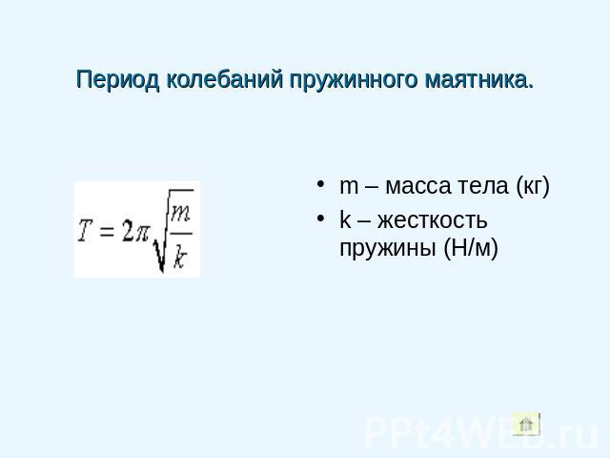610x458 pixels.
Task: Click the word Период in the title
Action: pyautogui.click(x=118, y=80)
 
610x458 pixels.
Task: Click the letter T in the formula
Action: pyautogui.click(x=86, y=231)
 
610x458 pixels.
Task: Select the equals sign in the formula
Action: pyautogui.click(x=107, y=232)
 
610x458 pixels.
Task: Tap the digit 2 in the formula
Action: pyautogui.click(x=127, y=231)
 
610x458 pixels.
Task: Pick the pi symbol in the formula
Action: pyautogui.click(x=142, y=234)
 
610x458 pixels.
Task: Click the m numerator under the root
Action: pyautogui.click(x=181, y=215)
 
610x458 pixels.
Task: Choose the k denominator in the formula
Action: pyautogui.click(x=180, y=256)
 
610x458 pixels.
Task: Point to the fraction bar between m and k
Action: pyautogui.click(x=181, y=234)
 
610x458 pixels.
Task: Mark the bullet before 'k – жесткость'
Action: pyautogui.click(x=320, y=219)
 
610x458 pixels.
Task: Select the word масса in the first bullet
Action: pyautogui.click(x=417, y=187)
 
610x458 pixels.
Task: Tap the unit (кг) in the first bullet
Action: pyautogui.click(x=533, y=186)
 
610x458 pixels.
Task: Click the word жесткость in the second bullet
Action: pyautogui.click(x=432, y=220)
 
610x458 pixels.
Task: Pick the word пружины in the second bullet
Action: pyautogui.click(x=388, y=249)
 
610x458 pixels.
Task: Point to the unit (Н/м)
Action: pyautogui.click(x=471, y=248)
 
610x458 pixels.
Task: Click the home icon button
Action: pyautogui.click(x=526, y=425)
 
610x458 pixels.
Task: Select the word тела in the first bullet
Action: pyautogui.click(x=482, y=187)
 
